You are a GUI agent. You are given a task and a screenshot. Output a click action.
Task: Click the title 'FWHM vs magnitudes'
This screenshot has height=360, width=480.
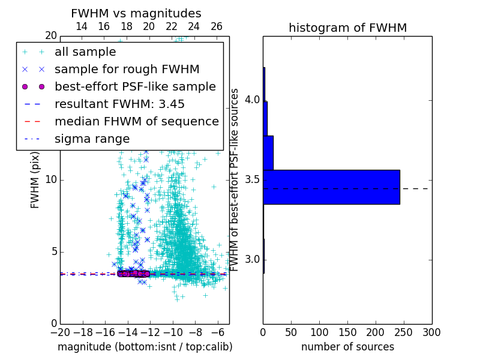click(136, 14)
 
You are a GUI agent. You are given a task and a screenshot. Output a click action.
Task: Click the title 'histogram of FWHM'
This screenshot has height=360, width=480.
click(347, 28)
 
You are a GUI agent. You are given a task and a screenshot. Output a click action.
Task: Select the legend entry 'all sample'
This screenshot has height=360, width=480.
click(85, 52)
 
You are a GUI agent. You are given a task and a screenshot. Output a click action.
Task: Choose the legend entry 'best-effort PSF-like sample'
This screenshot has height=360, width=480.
click(135, 86)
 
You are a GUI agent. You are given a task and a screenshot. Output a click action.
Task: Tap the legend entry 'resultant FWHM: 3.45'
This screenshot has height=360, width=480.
click(119, 104)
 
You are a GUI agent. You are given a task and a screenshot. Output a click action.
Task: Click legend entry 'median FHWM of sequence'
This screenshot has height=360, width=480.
click(136, 121)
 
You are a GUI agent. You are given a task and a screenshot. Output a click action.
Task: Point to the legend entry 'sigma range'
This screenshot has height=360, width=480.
click(92, 139)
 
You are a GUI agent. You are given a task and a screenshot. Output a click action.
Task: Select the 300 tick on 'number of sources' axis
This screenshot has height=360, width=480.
click(431, 332)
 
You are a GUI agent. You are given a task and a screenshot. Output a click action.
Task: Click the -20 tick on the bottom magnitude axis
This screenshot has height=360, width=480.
click(60, 332)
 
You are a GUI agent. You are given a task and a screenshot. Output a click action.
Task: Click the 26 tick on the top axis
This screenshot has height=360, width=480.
click(217, 26)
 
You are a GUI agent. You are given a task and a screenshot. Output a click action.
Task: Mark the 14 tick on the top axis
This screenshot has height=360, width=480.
click(82, 26)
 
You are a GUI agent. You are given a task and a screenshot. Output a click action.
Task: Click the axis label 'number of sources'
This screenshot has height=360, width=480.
click(347, 347)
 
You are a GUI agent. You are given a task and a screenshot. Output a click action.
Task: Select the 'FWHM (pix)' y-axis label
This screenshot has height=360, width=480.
click(35, 180)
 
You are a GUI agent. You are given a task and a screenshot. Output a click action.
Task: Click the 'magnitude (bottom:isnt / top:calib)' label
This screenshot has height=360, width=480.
click(145, 347)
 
